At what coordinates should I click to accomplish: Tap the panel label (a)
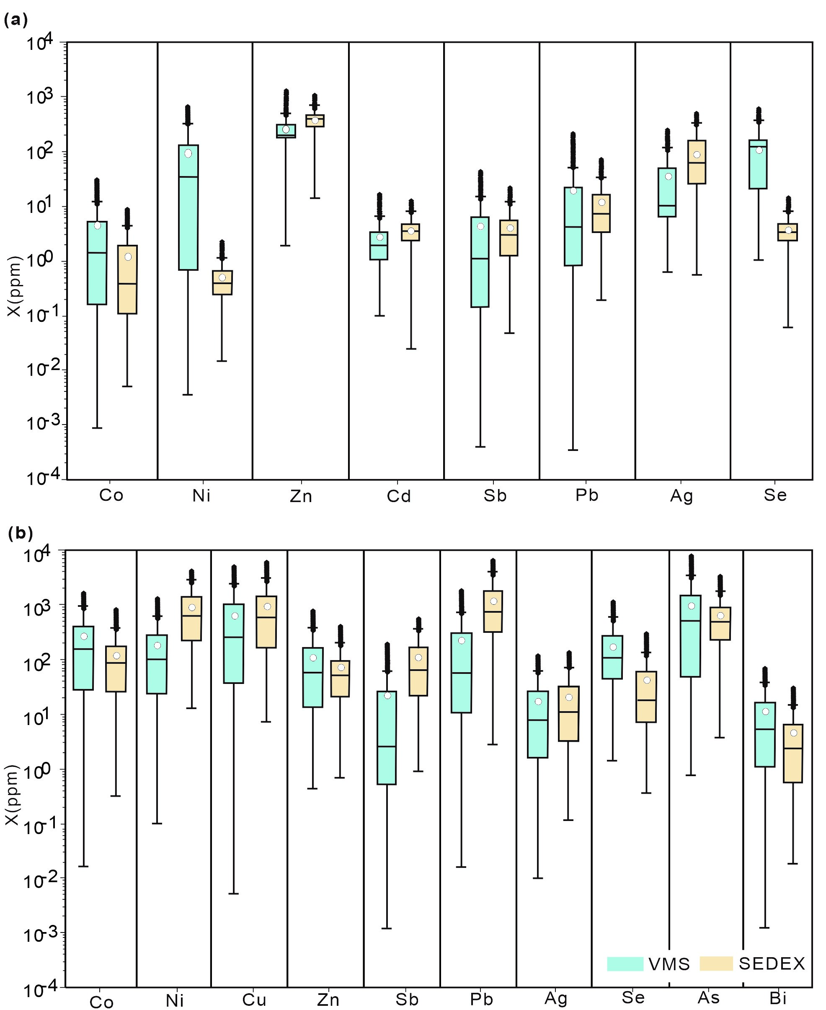pos(15,21)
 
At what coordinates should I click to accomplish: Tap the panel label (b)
pos(21,533)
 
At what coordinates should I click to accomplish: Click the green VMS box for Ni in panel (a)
pos(188,207)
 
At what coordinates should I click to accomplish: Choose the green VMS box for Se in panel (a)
pos(758,164)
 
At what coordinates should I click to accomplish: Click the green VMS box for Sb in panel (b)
pos(387,738)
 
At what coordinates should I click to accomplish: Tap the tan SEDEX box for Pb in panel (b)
pos(493,611)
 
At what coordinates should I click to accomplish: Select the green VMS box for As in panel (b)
pos(691,635)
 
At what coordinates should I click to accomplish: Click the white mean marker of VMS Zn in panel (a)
pos(286,129)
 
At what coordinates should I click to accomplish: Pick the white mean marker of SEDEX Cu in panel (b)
pos(267,606)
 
